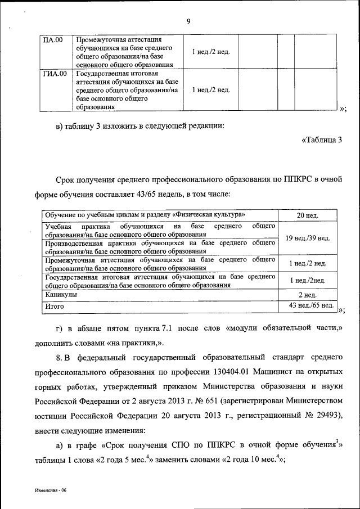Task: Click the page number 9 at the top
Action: (x=188, y=21)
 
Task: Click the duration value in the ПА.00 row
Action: (x=210, y=52)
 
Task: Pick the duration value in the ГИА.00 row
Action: (x=210, y=90)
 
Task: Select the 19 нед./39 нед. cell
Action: (x=308, y=238)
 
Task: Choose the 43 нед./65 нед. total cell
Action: (x=308, y=305)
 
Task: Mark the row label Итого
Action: (x=55, y=306)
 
